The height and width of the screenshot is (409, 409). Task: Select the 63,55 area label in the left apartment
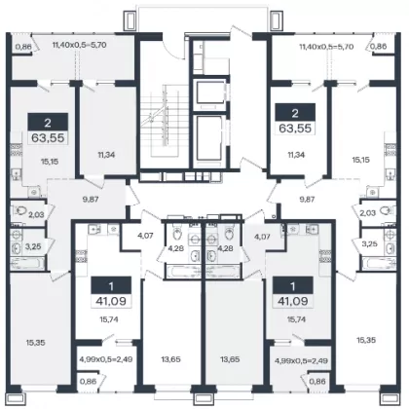click(48, 138)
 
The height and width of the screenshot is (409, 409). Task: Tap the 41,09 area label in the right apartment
click(293, 301)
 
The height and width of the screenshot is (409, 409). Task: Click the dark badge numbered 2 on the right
click(295, 113)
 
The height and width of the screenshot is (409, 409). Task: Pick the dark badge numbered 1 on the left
click(111, 286)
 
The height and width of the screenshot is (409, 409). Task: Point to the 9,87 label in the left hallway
click(91, 200)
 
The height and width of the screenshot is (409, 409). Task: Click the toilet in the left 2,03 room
click(20, 211)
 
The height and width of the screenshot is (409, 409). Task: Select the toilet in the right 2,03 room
click(386, 210)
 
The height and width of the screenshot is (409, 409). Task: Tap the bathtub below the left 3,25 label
click(27, 264)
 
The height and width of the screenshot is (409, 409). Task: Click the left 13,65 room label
click(170, 359)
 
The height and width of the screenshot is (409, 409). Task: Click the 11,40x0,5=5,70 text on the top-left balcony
click(79, 45)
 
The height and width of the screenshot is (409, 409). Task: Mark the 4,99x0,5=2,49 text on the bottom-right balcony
click(301, 360)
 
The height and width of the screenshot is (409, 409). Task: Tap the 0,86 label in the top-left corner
click(23, 47)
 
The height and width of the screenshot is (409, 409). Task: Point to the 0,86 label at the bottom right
click(317, 382)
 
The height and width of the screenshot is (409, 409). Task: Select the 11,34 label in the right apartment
click(296, 155)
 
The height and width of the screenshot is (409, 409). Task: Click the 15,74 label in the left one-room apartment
click(108, 319)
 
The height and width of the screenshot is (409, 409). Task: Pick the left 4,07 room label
click(145, 236)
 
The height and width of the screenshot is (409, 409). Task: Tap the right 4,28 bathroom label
click(225, 248)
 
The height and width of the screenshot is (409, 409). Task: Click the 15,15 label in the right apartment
click(361, 160)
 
